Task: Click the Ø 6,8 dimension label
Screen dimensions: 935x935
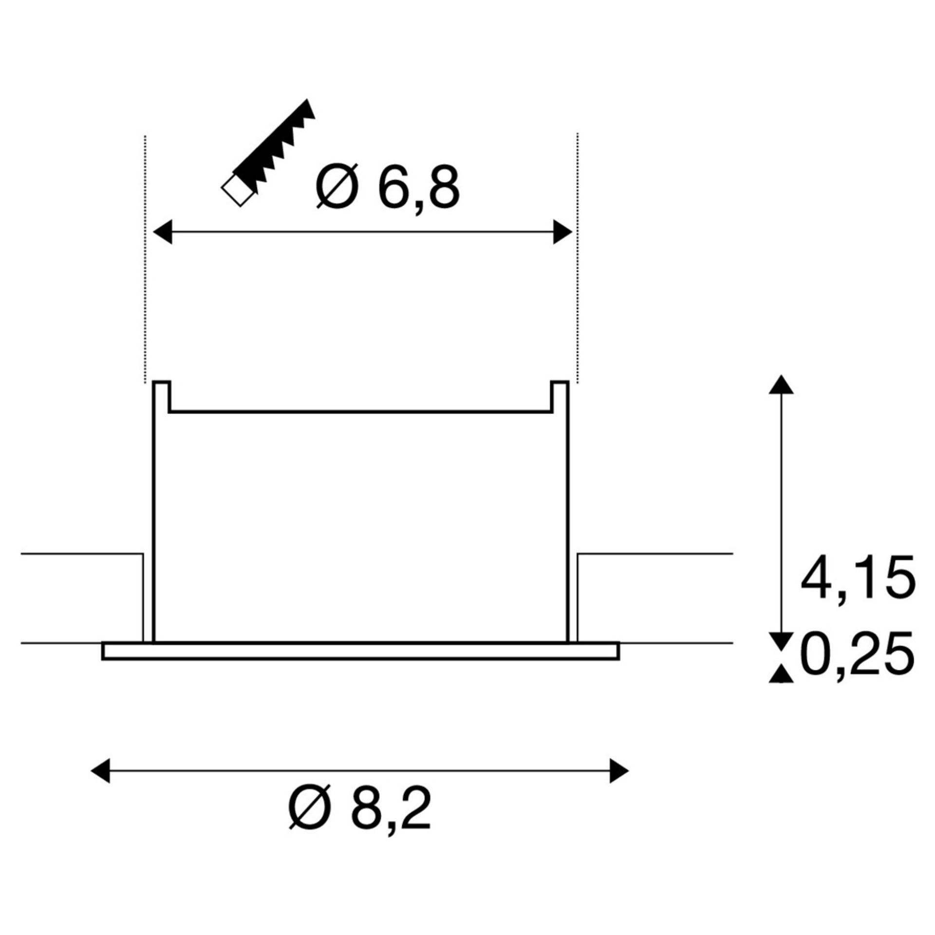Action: tap(387, 187)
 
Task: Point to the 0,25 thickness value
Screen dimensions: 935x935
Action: tap(858, 655)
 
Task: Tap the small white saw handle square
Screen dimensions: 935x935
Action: tap(237, 190)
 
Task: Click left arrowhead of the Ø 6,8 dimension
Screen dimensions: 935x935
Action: tap(162, 232)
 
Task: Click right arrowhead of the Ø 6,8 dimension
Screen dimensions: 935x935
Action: tap(562, 232)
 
